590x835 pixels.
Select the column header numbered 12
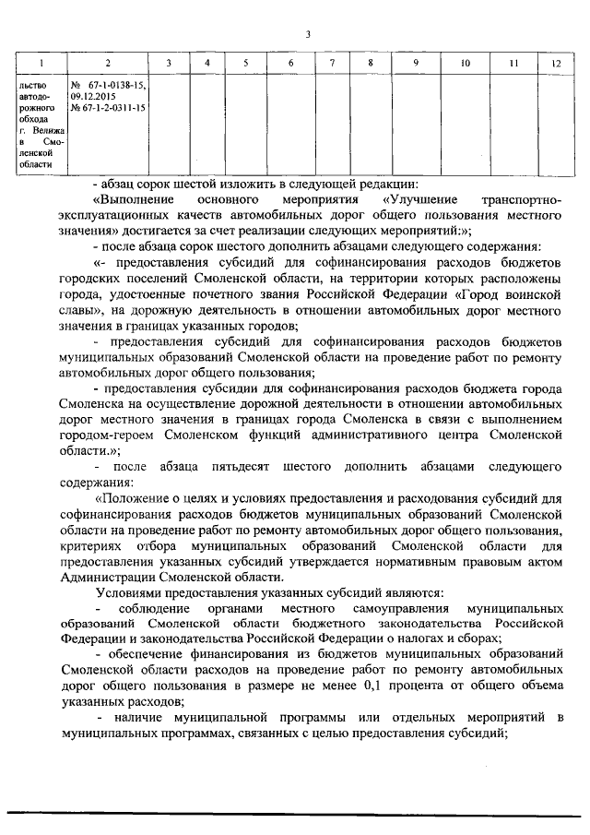[x=555, y=63]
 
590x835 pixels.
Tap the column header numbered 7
[x=332, y=63]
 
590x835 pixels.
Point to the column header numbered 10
[x=465, y=63]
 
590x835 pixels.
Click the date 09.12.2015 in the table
[x=95, y=95]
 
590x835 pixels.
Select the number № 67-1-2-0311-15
[x=108, y=107]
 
